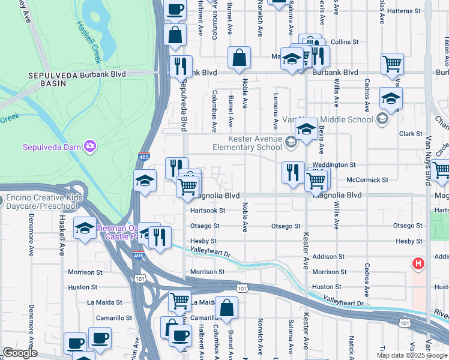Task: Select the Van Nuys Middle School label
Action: click(x=343, y=119)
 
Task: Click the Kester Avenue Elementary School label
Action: click(x=247, y=143)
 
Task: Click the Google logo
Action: click(x=19, y=353)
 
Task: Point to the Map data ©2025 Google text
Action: click(x=412, y=355)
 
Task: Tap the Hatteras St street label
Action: click(x=412, y=11)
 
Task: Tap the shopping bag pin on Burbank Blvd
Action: click(x=239, y=59)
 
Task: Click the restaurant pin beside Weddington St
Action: click(x=291, y=172)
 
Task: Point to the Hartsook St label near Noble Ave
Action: click(x=207, y=211)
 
